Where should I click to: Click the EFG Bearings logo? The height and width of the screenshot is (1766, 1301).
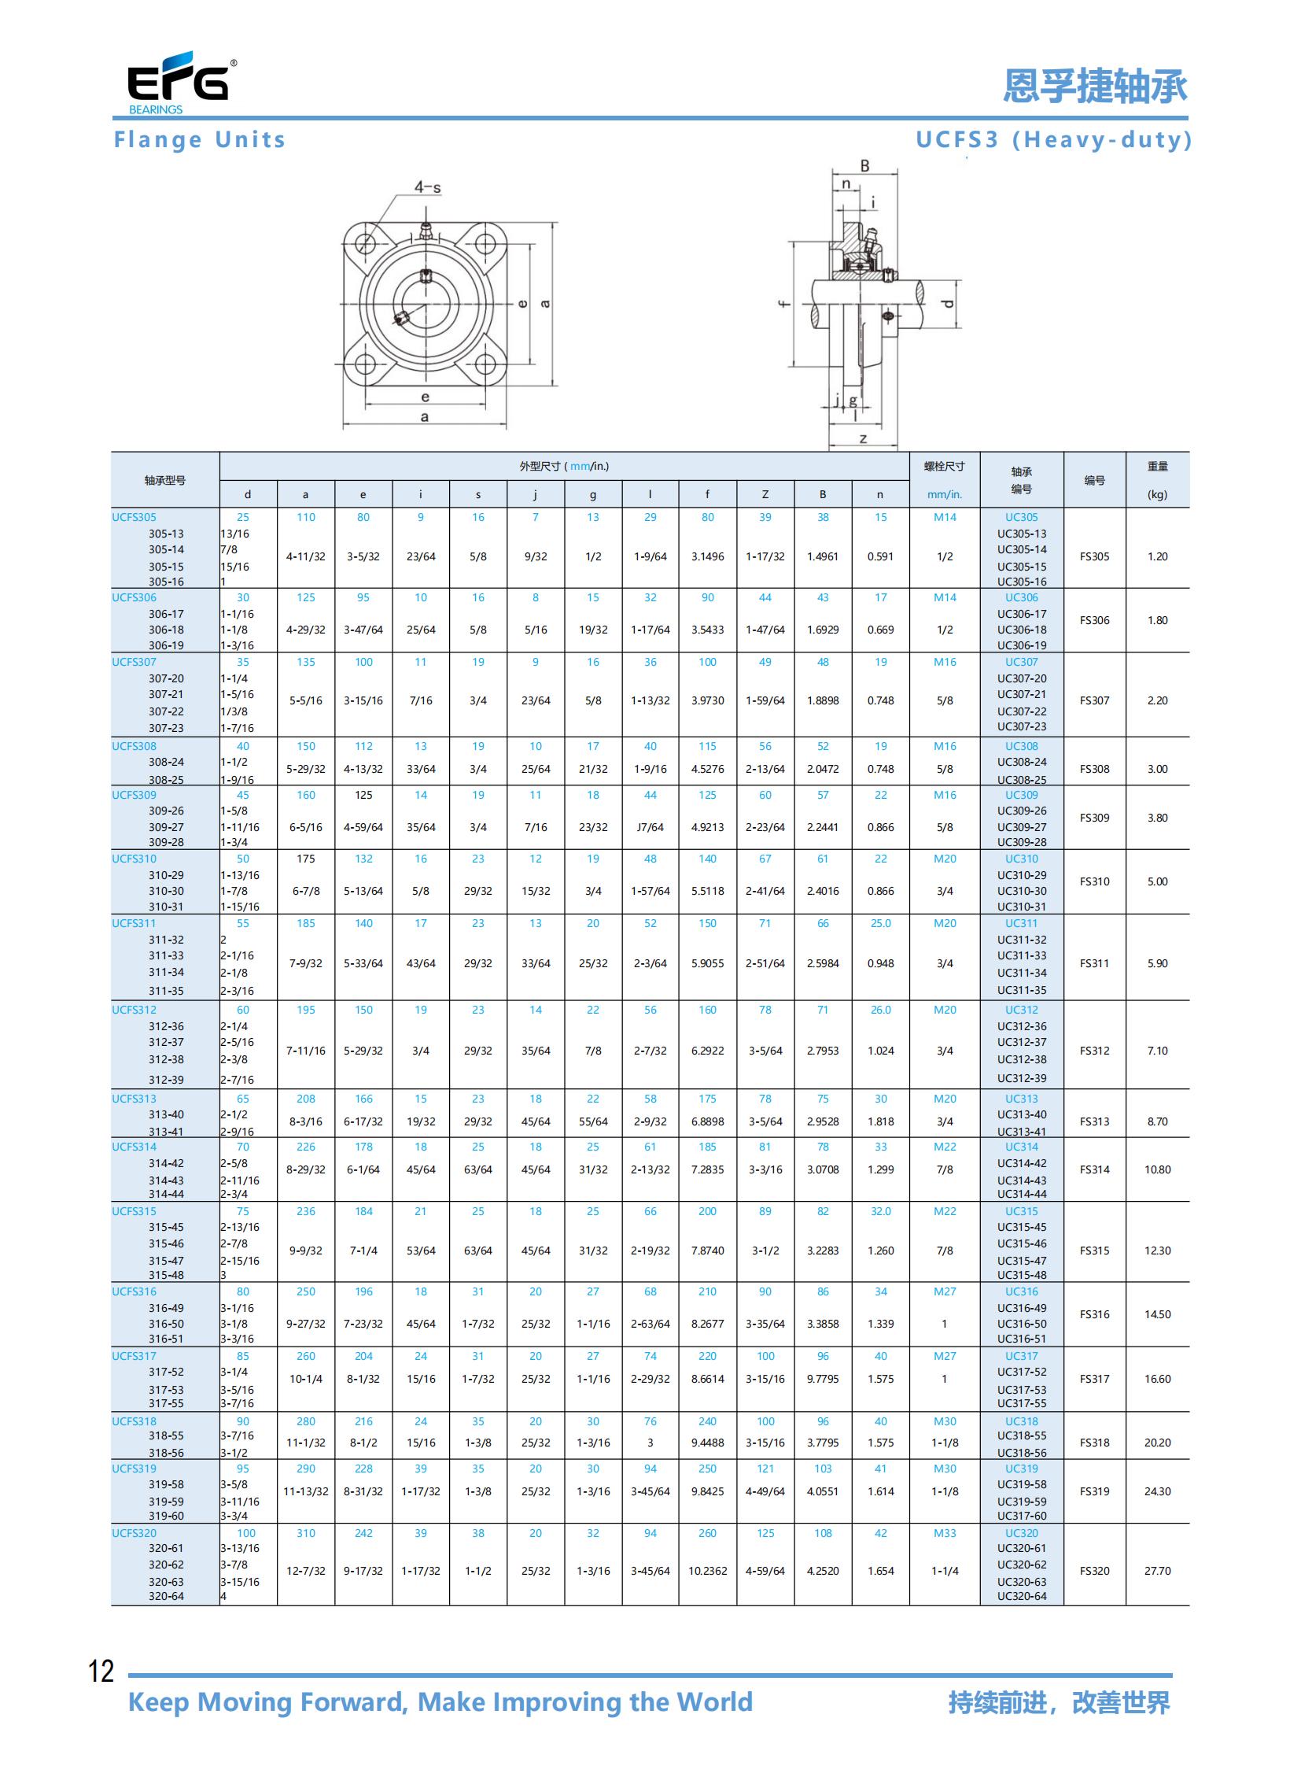pyautogui.click(x=180, y=83)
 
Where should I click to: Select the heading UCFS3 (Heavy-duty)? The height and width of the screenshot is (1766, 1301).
pyautogui.click(x=1054, y=140)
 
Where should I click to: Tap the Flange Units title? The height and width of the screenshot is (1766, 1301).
pyautogui.click(x=199, y=140)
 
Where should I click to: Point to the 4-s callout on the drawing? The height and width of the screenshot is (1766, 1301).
pyautogui.click(x=428, y=187)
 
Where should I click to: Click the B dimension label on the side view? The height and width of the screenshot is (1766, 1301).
pyautogui.click(x=864, y=166)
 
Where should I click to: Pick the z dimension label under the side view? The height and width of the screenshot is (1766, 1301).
pyautogui.click(x=863, y=438)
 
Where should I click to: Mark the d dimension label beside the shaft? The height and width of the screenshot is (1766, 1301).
pyautogui.click(x=948, y=305)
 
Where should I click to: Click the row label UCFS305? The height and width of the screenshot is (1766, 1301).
pyautogui.click(x=134, y=517)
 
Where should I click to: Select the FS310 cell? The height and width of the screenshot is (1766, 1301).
pyautogui.click(x=1095, y=881)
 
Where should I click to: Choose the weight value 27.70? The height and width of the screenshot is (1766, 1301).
pyautogui.click(x=1158, y=1571)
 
